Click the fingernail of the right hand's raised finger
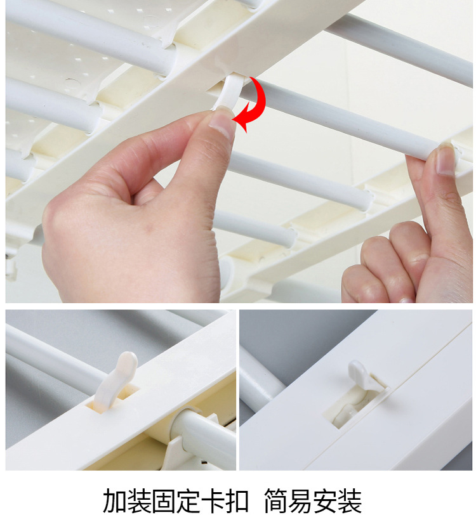tap(445, 161)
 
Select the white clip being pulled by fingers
tap(230, 91)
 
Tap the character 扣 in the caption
tap(236, 500)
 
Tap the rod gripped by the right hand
tap(345, 115)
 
